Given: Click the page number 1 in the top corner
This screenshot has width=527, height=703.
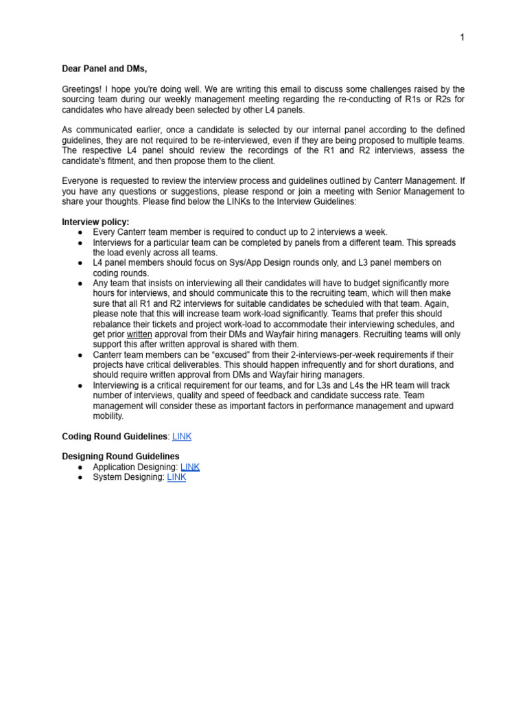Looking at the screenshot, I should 462,38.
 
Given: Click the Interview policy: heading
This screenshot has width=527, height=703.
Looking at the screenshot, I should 95,222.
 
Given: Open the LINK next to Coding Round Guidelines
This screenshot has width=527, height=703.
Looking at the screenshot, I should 181,436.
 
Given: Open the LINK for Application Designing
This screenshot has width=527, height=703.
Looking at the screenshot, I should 190,467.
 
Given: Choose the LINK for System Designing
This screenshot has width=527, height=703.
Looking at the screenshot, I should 176,477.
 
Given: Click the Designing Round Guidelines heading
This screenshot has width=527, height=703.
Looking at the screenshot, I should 121,457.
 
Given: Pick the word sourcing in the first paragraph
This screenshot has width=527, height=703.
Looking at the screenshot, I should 79,100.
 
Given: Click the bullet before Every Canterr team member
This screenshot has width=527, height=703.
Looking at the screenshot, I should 80,233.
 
